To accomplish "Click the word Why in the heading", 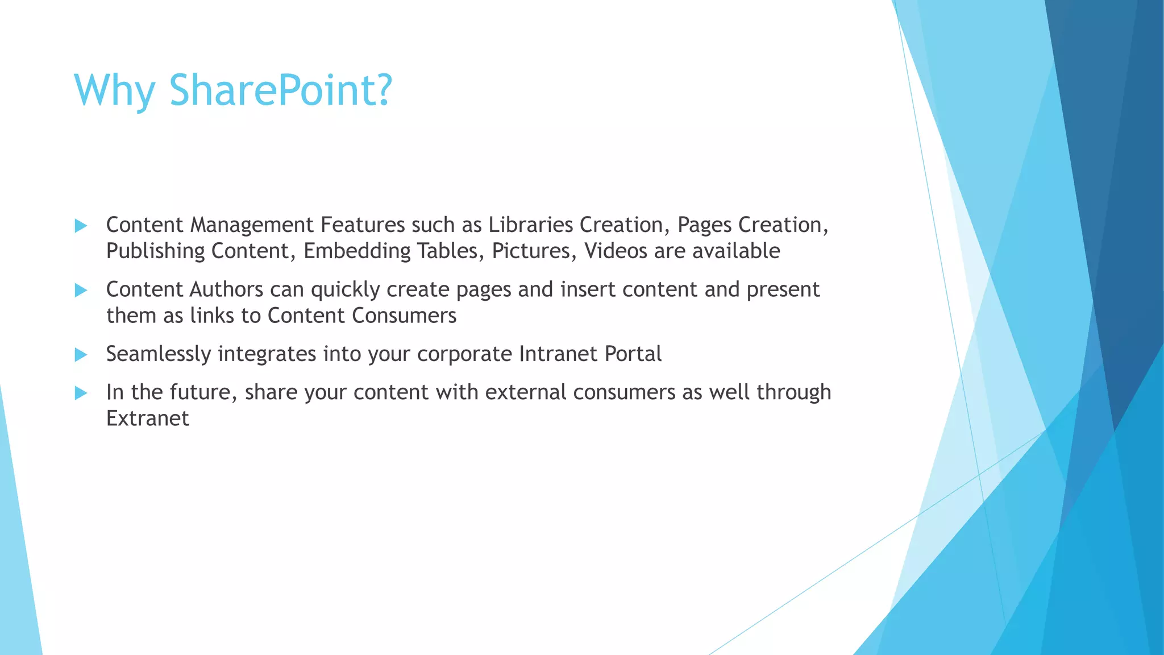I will pos(114,91).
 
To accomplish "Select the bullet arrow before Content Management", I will pos(81,226).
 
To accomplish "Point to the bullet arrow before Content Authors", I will pos(81,291).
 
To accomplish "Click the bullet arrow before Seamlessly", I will pos(81,355).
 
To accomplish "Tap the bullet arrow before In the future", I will pos(81,393).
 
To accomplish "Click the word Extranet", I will pos(147,418).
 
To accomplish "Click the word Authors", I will pos(226,289).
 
